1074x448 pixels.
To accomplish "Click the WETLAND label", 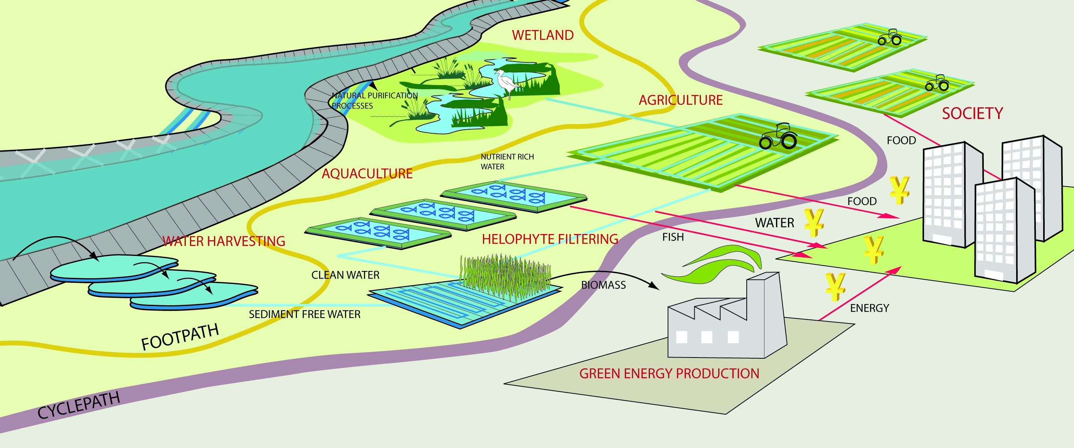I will [x=542, y=35].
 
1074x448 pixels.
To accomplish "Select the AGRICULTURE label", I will [x=680, y=100].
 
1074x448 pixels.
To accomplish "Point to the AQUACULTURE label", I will [x=367, y=174].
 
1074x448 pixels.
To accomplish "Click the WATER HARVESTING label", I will [x=224, y=241].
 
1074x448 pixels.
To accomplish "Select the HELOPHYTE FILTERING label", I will [x=550, y=239].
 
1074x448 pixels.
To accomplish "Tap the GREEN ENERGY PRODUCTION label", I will [x=669, y=373].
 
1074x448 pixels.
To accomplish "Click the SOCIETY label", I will [x=972, y=113].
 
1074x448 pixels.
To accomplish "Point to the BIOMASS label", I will [x=603, y=285].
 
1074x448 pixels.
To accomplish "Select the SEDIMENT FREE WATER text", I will [x=305, y=314].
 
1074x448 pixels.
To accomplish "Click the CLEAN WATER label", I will [x=345, y=275].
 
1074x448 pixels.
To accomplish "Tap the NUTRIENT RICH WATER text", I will [x=507, y=162].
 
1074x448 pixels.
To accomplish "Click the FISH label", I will [x=673, y=237].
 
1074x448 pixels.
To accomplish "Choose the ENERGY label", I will [x=869, y=308].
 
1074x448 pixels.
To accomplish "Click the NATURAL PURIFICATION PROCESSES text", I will [x=374, y=100].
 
